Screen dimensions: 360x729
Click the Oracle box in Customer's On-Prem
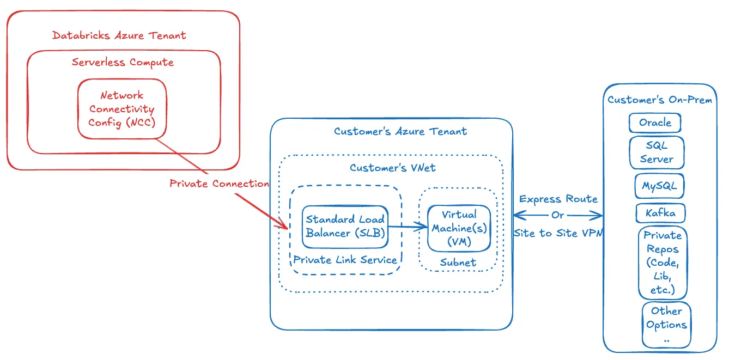[654, 123]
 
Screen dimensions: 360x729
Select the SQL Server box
[656, 152]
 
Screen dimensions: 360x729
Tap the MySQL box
[659, 186]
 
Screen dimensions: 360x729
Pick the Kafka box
[660, 213]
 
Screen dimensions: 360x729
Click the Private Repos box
[662, 263]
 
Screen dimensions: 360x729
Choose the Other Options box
[666, 325]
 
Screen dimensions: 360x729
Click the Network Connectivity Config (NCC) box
[121, 109]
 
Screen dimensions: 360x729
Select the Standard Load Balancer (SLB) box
[345, 226]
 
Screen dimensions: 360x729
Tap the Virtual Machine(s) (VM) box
[458, 228]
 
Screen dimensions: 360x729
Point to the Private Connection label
[219, 184]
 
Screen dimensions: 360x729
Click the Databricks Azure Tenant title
[119, 36]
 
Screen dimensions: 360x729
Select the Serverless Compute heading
[123, 62]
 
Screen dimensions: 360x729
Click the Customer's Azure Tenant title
[400, 131]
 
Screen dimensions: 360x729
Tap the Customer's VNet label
[392, 168]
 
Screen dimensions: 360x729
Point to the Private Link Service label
[345, 260]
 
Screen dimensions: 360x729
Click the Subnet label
[458, 263]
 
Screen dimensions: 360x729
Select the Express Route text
[558, 199]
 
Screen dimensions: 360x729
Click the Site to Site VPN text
[558, 232]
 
